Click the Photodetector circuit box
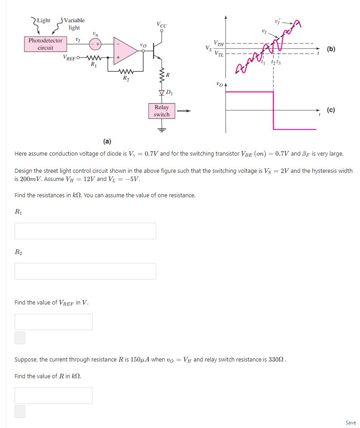pyautogui.click(x=45, y=44)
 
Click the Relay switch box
pyautogui.click(x=162, y=111)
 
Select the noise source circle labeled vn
pyautogui.click(x=95, y=44)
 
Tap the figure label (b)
pyautogui.click(x=331, y=49)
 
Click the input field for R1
pyautogui.click(x=85, y=231)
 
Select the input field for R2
pyautogui.click(x=85, y=271)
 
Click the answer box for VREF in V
pyautogui.click(x=53, y=322)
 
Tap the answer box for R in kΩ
pyautogui.click(x=53, y=395)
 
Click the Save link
pyautogui.click(x=350, y=423)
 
